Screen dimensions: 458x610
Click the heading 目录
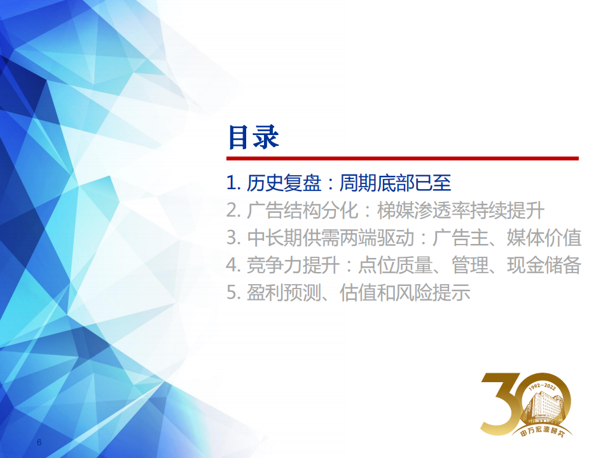point(253,137)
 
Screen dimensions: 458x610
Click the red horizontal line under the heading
point(403,158)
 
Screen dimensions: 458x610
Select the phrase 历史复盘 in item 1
point(288,183)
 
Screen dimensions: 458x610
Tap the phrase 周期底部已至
point(395,183)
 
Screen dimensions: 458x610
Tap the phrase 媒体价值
point(544,238)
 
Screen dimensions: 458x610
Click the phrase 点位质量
point(395,266)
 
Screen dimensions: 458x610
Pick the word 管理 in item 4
point(470,266)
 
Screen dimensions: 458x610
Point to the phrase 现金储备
point(544,266)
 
